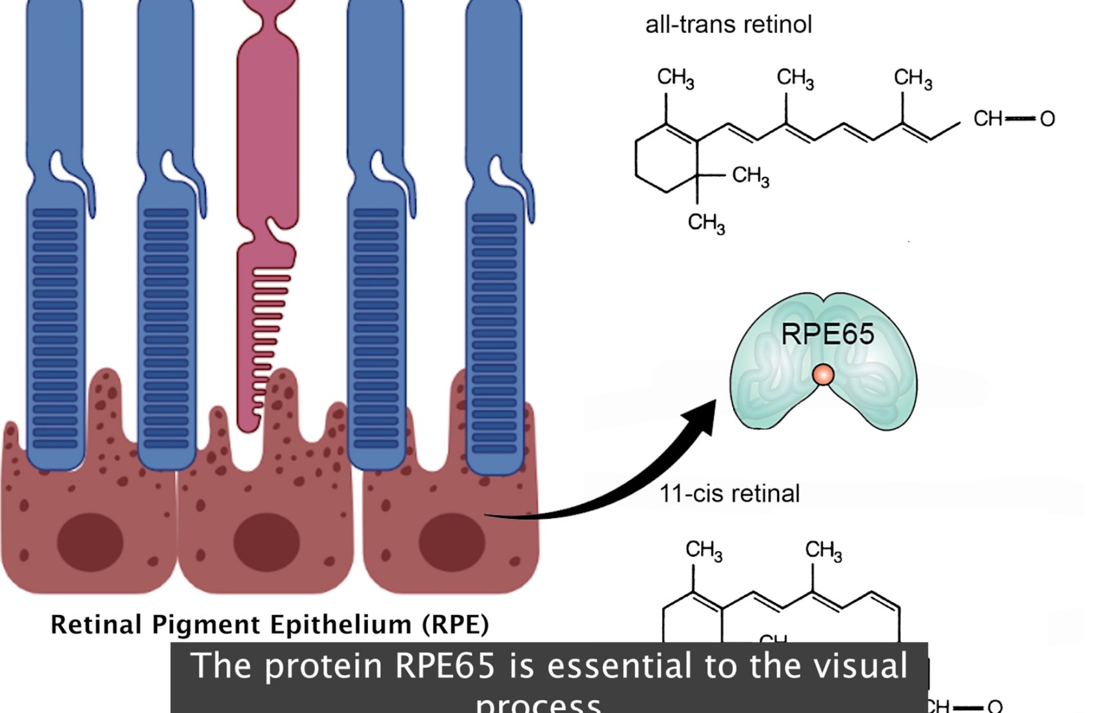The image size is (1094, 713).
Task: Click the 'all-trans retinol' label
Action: (728, 25)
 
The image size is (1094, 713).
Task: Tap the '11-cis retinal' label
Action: (729, 494)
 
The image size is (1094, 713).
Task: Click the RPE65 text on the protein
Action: (827, 334)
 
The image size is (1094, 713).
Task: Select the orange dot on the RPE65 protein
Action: (823, 375)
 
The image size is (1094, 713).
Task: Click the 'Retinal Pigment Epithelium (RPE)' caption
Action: (270, 625)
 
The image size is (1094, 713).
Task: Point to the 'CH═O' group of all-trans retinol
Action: (1013, 119)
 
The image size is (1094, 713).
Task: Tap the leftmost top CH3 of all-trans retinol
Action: (675, 77)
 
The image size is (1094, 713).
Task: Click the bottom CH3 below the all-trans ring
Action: (706, 223)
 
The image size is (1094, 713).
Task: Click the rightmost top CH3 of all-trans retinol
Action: (913, 78)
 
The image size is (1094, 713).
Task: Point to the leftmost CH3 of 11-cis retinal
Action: (704, 550)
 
